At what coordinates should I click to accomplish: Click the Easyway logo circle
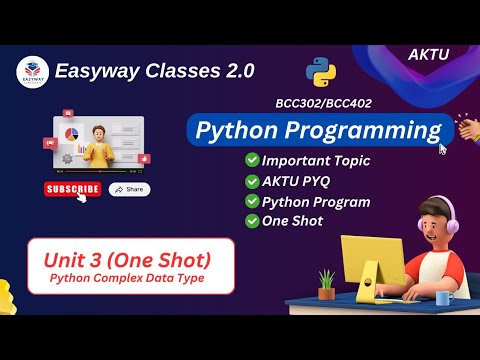tap(32, 72)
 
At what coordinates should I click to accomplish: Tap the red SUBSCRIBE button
tap(72, 189)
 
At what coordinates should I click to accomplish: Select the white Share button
tap(130, 189)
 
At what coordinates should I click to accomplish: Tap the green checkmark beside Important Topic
tap(251, 160)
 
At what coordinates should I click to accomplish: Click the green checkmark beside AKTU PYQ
tap(251, 180)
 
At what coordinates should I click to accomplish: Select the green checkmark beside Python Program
tap(251, 201)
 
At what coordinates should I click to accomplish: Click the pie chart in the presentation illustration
tap(71, 133)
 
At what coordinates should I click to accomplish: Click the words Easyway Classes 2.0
tap(155, 71)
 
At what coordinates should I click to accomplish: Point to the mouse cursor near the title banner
tap(443, 149)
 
